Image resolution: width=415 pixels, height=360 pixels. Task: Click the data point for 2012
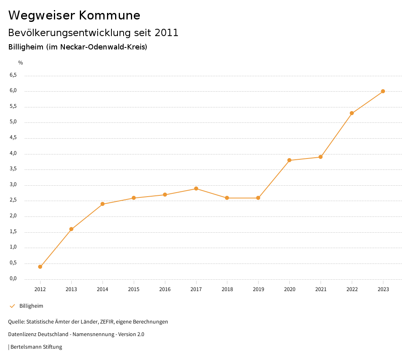[40, 267]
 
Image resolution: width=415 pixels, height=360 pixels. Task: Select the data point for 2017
[196, 189]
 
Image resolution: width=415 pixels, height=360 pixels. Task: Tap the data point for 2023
[383, 91]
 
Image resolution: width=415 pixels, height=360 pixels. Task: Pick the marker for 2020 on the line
[289, 160]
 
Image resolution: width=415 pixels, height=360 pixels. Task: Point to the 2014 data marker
[103, 204]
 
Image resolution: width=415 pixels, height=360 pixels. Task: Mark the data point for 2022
[352, 113]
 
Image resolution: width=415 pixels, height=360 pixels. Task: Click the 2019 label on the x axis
[258, 289]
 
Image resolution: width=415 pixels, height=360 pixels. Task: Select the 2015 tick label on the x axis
[134, 289]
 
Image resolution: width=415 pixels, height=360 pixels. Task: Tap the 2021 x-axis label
[321, 289]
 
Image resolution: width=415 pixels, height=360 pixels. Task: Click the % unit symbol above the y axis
[21, 63]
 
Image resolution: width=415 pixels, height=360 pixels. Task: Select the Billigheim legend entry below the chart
[31, 306]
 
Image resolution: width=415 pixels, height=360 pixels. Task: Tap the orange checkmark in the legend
[12, 306]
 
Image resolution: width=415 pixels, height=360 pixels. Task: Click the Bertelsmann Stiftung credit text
[36, 347]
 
